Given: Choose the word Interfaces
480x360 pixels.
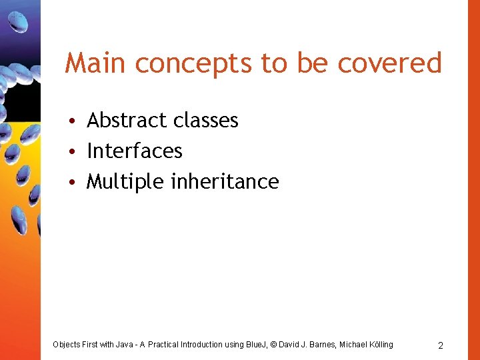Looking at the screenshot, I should (x=135, y=151).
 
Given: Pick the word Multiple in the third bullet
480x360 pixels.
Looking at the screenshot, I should (x=126, y=182).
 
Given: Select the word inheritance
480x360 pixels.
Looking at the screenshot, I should (x=225, y=181).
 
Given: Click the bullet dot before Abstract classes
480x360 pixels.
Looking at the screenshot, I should (x=78, y=121).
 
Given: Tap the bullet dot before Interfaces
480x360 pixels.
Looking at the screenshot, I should (x=78, y=151).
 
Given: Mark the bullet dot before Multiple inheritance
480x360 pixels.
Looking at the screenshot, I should (x=78, y=182).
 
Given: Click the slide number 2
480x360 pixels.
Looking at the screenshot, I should (x=441, y=345).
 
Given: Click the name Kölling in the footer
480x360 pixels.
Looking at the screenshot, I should (x=379, y=345).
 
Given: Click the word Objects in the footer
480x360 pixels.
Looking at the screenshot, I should (x=67, y=345).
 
